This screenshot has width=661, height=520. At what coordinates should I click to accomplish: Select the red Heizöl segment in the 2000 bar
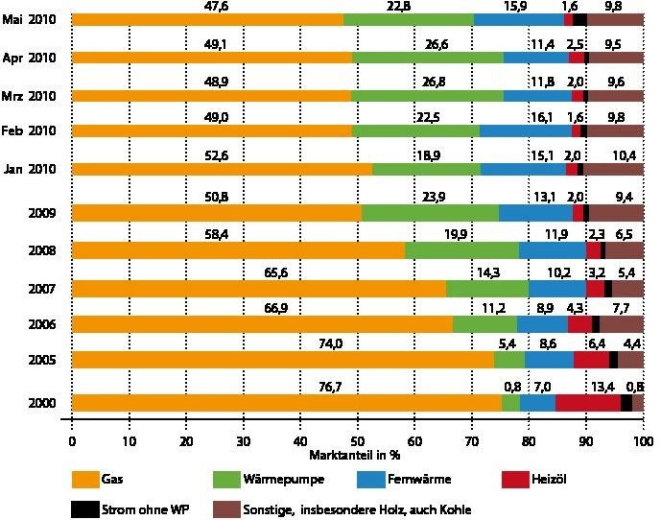[588, 403]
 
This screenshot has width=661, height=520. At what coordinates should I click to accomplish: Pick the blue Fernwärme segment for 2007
[556, 288]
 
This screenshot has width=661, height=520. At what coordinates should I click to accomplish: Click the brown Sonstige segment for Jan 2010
[613, 169]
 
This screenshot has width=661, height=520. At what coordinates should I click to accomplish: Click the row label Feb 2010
[31, 130]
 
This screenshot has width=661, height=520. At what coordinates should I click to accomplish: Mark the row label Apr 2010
[31, 58]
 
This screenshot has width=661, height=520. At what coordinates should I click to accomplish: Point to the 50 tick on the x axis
[357, 440]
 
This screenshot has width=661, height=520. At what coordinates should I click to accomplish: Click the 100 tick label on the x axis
[641, 440]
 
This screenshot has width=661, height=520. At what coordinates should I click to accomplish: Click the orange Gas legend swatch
[93, 477]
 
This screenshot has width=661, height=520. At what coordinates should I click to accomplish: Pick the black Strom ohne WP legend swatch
[93, 508]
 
